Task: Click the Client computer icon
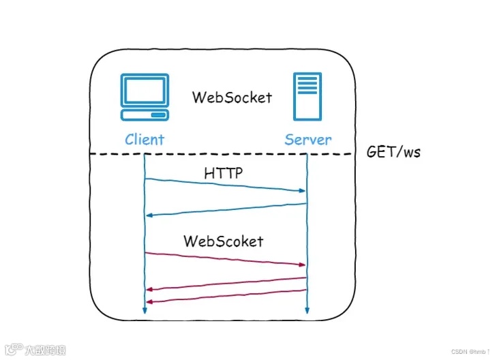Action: tap(144, 98)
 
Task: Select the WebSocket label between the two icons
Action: tap(232, 97)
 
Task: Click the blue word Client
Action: tap(145, 140)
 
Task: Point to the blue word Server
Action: tap(308, 140)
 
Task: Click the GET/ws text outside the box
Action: tap(393, 151)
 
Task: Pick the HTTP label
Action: tap(224, 174)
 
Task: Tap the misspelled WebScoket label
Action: tap(223, 241)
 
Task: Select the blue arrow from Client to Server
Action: tap(225, 185)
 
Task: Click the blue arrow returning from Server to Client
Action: tap(225, 209)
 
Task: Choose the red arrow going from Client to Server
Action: tap(225, 258)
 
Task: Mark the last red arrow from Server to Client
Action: tap(225, 296)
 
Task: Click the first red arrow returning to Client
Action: tap(225, 283)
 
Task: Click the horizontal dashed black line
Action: tap(225, 155)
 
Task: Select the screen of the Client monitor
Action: tap(144, 91)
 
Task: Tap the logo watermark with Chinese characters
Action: tap(35, 350)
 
